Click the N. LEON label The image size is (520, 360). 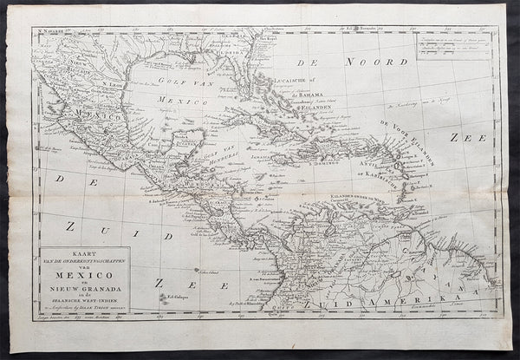[x=113, y=83]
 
